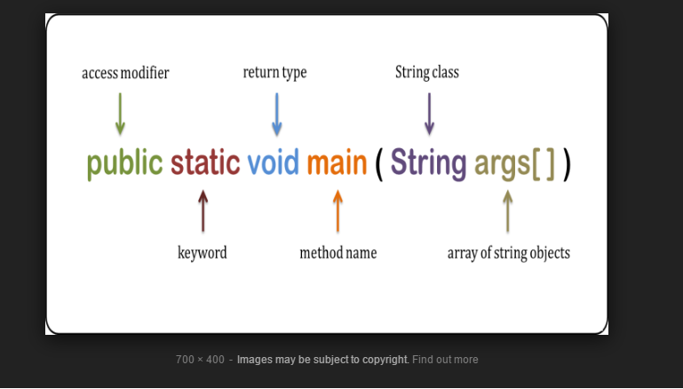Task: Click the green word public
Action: (124, 164)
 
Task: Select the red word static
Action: (205, 163)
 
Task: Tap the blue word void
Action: (273, 163)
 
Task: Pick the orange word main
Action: (337, 163)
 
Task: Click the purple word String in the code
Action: (428, 163)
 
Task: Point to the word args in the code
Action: (502, 164)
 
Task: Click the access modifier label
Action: (125, 73)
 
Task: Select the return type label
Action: (274, 73)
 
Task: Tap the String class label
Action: (427, 73)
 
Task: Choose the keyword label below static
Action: (203, 253)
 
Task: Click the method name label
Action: (338, 253)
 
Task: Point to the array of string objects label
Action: (508, 253)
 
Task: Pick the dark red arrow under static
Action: (203, 210)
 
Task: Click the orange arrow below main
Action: (338, 210)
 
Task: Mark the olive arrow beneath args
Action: (507, 210)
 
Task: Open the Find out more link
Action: (445, 360)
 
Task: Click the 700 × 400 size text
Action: (200, 360)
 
